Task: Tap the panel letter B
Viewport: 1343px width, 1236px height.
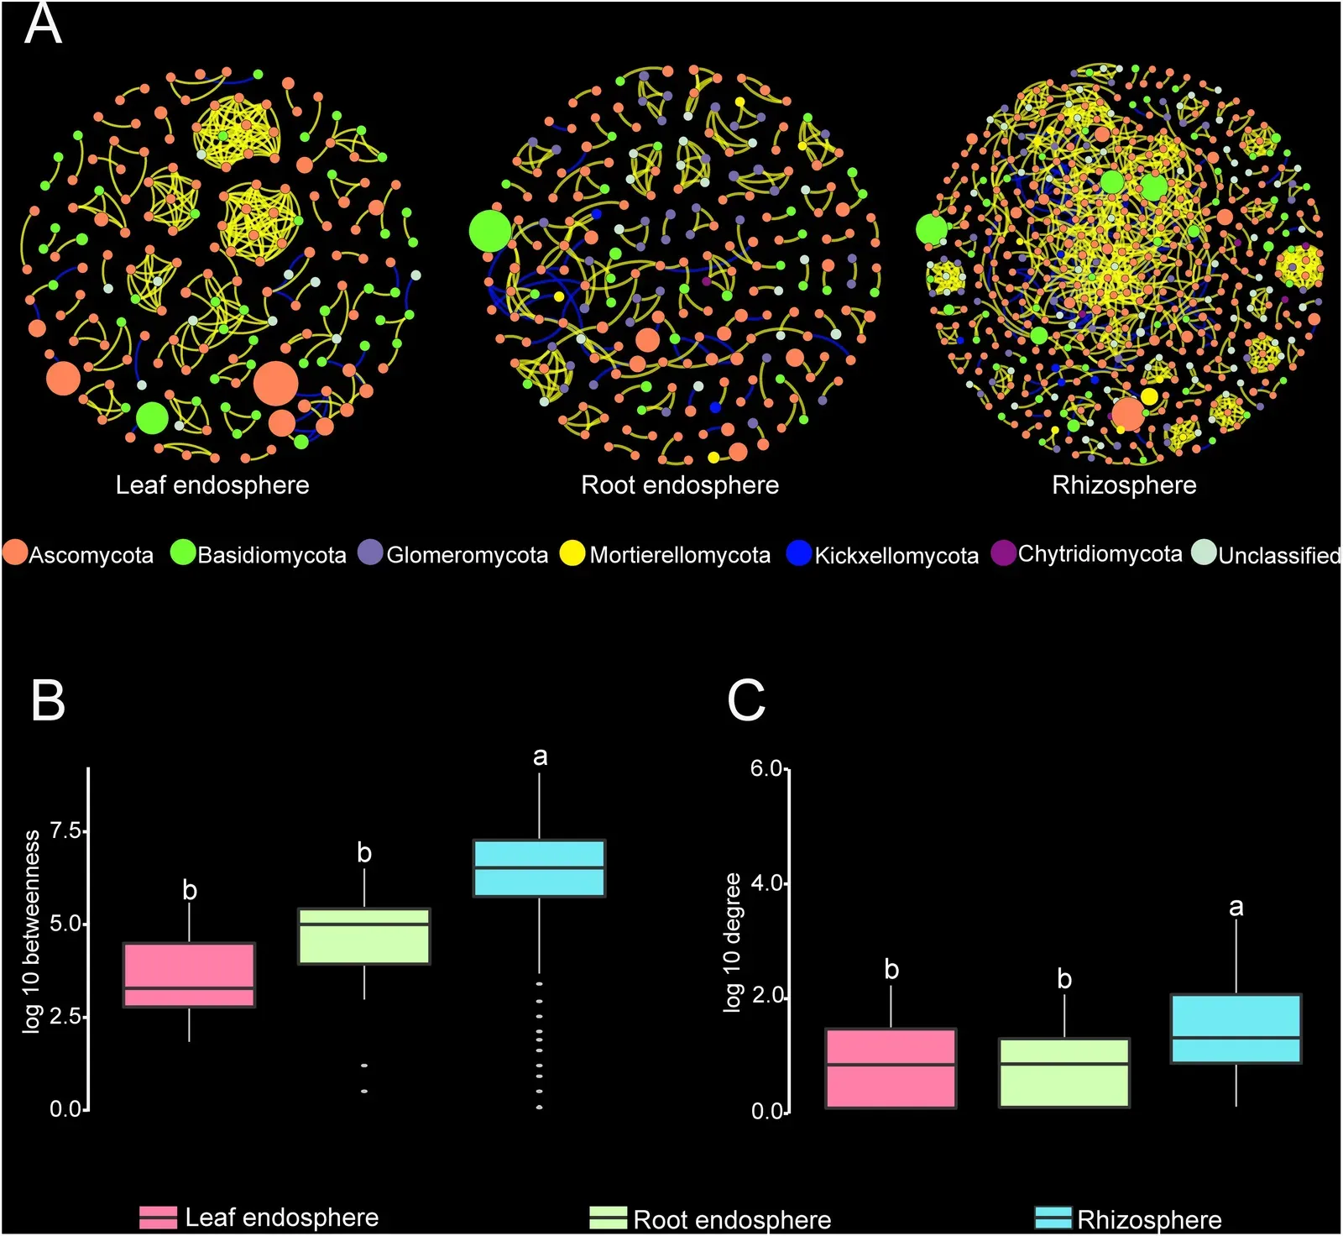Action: (47, 699)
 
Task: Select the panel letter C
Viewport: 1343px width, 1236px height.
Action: (745, 699)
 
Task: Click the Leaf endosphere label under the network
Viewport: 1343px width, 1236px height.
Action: (212, 485)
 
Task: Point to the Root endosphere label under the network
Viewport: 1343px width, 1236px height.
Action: (680, 485)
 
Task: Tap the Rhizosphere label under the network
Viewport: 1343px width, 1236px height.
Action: (1124, 485)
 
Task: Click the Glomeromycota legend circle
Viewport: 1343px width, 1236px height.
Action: (370, 553)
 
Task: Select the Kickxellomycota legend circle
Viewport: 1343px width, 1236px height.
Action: (798, 553)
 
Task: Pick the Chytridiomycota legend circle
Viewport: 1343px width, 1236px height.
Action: (1004, 553)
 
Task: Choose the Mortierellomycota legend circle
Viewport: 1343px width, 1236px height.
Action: (572, 553)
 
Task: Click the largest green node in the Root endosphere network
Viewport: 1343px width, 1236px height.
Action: (490, 231)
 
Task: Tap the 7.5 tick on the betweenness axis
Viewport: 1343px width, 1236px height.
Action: (67, 830)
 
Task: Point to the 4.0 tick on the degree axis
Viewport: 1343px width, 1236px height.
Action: (766, 883)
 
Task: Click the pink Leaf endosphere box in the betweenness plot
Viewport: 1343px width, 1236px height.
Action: (189, 975)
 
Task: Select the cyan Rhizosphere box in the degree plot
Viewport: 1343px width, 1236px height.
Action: (1236, 1029)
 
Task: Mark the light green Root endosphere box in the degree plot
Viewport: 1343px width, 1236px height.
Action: (1063, 1072)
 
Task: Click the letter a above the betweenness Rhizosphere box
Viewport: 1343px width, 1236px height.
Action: (540, 757)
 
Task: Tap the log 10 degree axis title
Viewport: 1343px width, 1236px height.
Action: (732, 942)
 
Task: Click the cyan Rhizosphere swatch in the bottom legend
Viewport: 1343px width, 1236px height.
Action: (1053, 1218)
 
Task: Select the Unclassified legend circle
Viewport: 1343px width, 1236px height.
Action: (1205, 553)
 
